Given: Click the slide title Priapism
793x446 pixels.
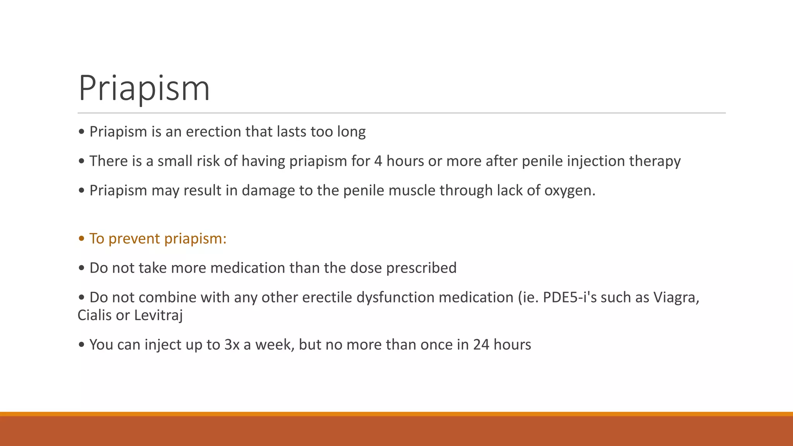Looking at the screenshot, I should [144, 88].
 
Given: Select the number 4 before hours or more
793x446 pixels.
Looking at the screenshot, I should [378, 161].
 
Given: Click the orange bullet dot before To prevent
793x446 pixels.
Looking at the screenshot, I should [81, 239].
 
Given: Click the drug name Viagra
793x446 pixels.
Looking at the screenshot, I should [676, 298].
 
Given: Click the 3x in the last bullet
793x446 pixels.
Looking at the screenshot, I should [232, 345].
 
